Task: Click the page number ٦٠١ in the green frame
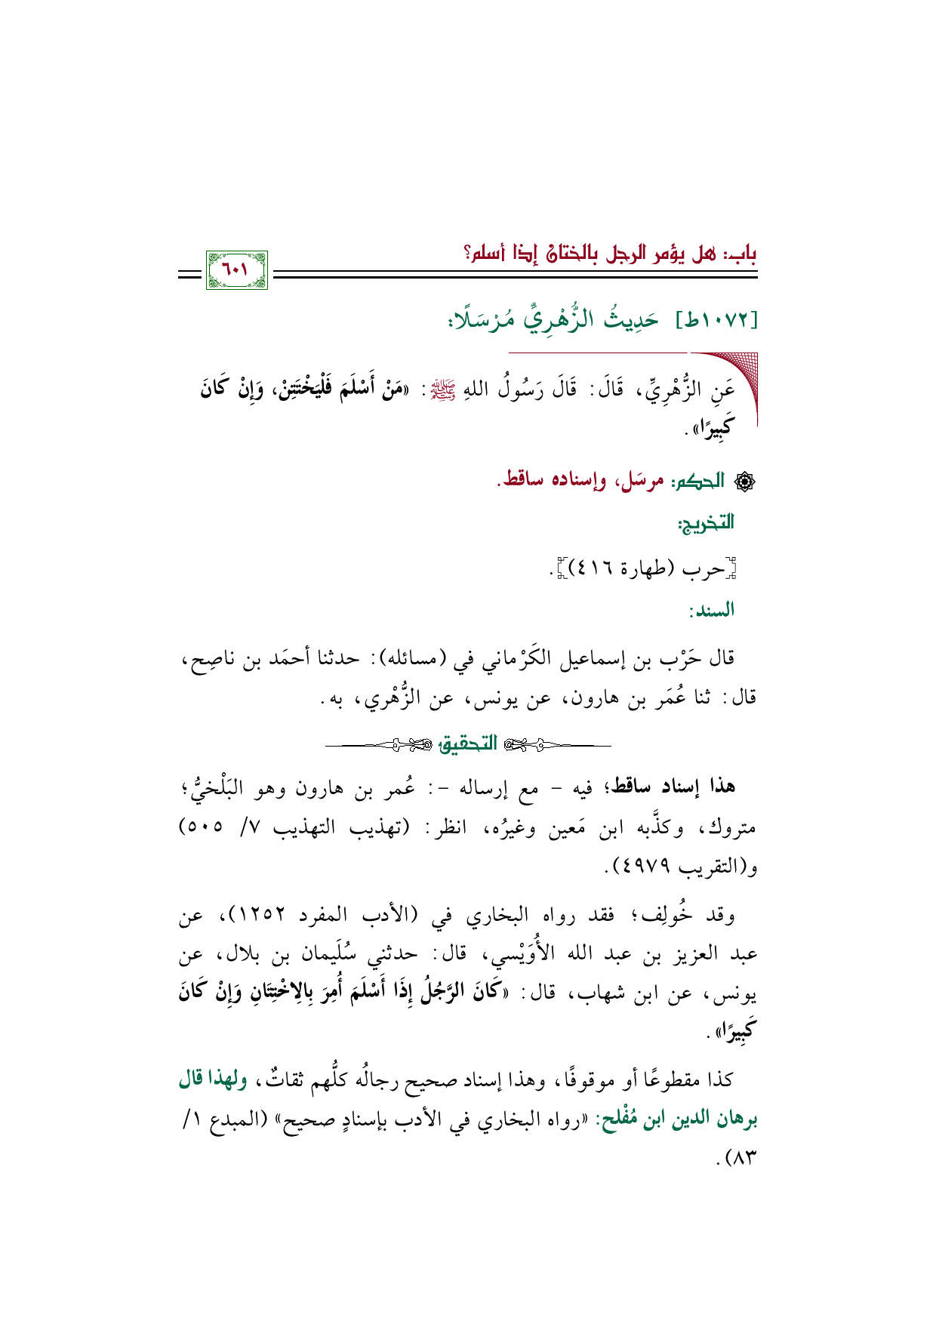[236, 269]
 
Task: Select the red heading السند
[711, 610]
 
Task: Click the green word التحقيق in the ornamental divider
[468, 744]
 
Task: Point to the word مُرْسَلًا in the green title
[479, 320]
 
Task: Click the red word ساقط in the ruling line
[521, 481]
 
